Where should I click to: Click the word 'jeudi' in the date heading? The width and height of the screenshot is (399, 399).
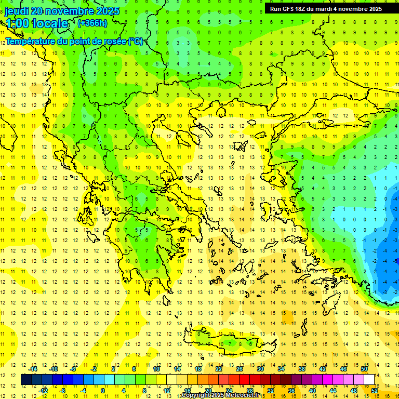click(x=17, y=11)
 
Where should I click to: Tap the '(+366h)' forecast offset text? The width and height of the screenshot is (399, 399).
click(x=92, y=23)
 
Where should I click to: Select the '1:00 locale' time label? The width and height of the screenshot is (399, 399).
click(x=36, y=23)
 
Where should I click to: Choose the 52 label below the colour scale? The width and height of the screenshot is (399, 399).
click(x=375, y=391)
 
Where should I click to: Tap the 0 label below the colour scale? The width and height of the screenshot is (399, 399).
click(x=103, y=391)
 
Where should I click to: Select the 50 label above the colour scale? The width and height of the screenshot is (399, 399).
click(x=364, y=368)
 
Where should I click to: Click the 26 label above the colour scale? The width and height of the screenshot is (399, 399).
click(x=240, y=368)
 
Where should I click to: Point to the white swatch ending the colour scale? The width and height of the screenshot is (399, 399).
click(x=369, y=379)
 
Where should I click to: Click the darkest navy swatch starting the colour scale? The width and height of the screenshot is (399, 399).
click(x=26, y=379)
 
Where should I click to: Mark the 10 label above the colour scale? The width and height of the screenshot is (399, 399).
click(x=156, y=368)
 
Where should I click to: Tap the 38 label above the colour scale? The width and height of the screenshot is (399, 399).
click(x=302, y=368)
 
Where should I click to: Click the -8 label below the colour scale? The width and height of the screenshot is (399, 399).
click(x=63, y=391)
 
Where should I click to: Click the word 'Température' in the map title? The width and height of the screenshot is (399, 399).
click(x=30, y=41)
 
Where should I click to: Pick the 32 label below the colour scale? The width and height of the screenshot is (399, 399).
click(x=271, y=391)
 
